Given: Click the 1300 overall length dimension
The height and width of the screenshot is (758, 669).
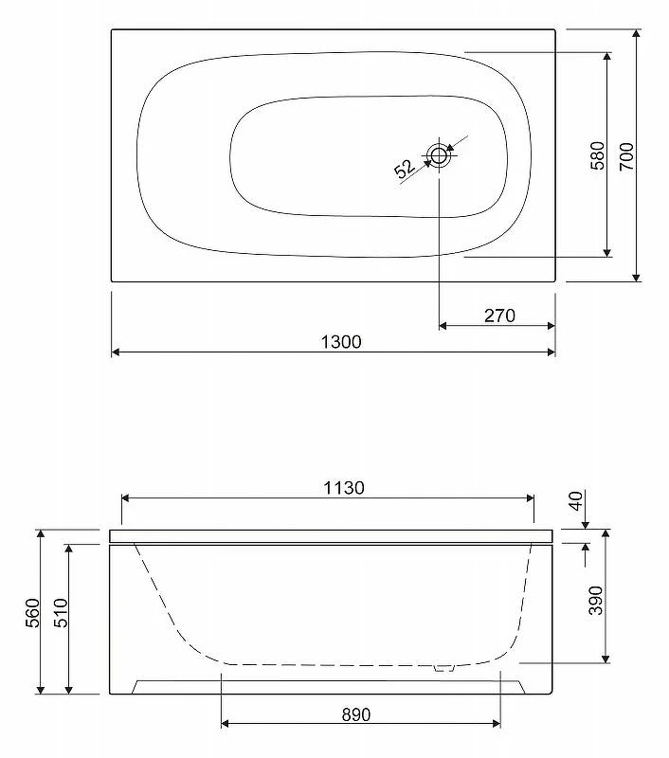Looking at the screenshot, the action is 341,342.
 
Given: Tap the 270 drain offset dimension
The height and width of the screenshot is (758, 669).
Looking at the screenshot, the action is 499,316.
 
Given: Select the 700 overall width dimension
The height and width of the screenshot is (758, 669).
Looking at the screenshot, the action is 626,156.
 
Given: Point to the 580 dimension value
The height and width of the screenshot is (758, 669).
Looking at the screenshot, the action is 598,155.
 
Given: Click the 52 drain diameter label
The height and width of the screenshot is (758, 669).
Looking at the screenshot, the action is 404,170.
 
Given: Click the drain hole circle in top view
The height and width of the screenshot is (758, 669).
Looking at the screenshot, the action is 439,155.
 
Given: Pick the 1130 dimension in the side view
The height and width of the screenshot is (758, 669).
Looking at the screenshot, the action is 344,488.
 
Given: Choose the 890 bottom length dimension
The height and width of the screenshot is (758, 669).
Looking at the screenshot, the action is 356,714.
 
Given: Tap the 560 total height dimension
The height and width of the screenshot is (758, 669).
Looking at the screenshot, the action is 32,613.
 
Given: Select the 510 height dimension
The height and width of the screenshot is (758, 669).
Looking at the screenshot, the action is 61,613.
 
